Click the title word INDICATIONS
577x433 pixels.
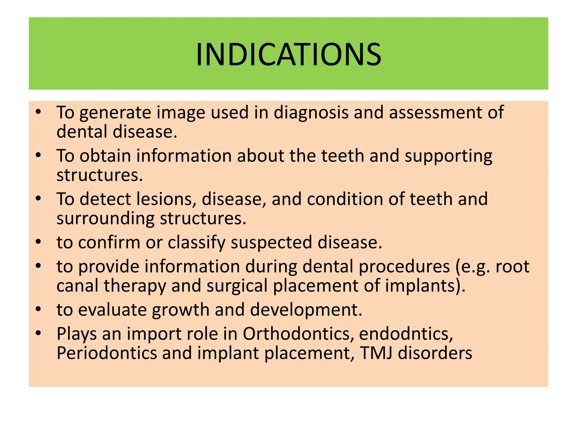(288, 54)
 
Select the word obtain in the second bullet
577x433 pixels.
(105, 156)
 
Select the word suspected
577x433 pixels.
(271, 242)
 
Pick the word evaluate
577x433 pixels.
(112, 310)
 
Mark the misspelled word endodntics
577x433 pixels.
(406, 334)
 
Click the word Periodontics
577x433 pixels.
(106, 353)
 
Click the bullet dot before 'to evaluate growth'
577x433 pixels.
(39, 309)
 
